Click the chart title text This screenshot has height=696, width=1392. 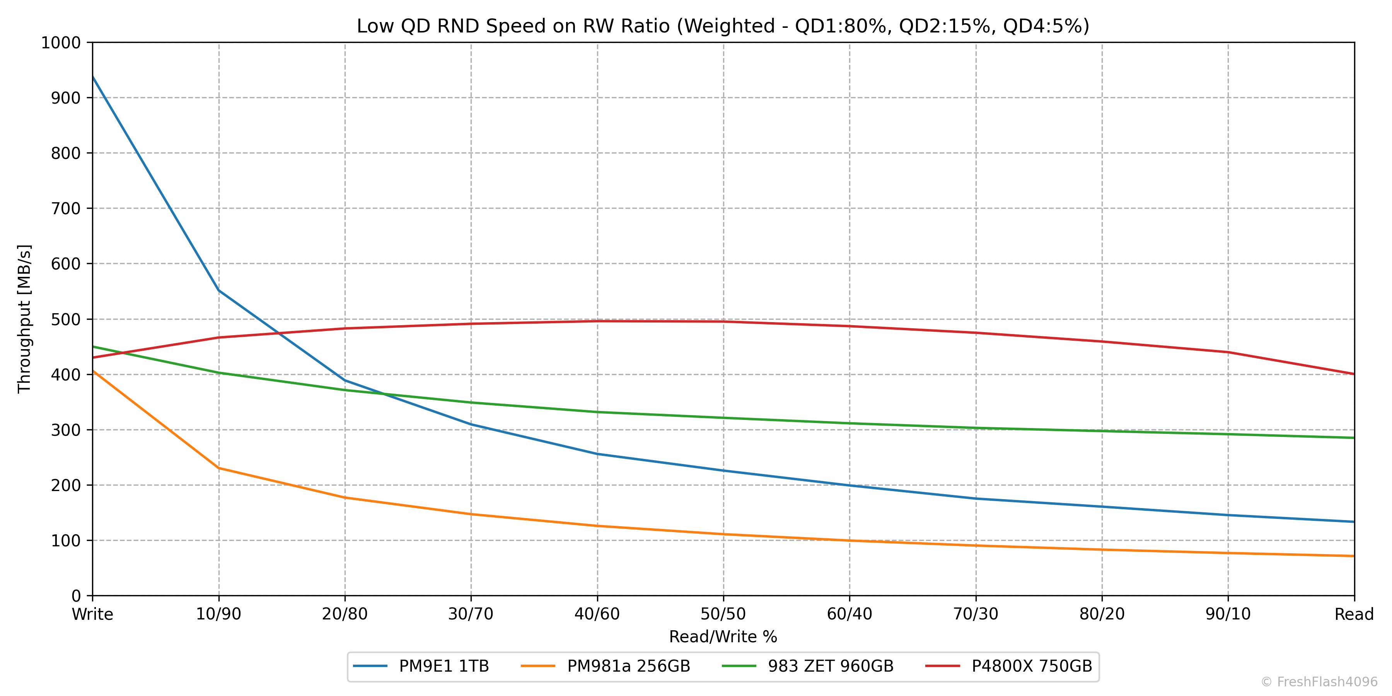click(722, 26)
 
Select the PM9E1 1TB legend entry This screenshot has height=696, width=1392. click(421, 666)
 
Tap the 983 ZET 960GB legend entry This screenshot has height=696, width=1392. click(808, 666)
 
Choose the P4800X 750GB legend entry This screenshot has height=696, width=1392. click(1009, 666)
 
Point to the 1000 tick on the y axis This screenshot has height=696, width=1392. click(61, 43)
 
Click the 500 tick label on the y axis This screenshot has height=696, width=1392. click(65, 319)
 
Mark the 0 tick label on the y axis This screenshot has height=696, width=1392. click(76, 596)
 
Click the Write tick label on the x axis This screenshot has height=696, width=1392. click(92, 614)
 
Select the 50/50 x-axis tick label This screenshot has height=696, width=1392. click(723, 614)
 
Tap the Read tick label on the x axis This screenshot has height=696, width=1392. click(1354, 614)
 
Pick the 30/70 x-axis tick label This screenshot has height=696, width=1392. click(471, 614)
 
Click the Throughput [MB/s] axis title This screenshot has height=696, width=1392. click(24, 319)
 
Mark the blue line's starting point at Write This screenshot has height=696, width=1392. click(93, 77)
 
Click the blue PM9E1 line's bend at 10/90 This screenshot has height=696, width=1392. click(219, 291)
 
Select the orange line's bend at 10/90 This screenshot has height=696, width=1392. click(219, 468)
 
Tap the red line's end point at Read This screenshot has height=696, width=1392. click(1354, 374)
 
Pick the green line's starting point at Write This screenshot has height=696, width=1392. click(93, 346)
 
